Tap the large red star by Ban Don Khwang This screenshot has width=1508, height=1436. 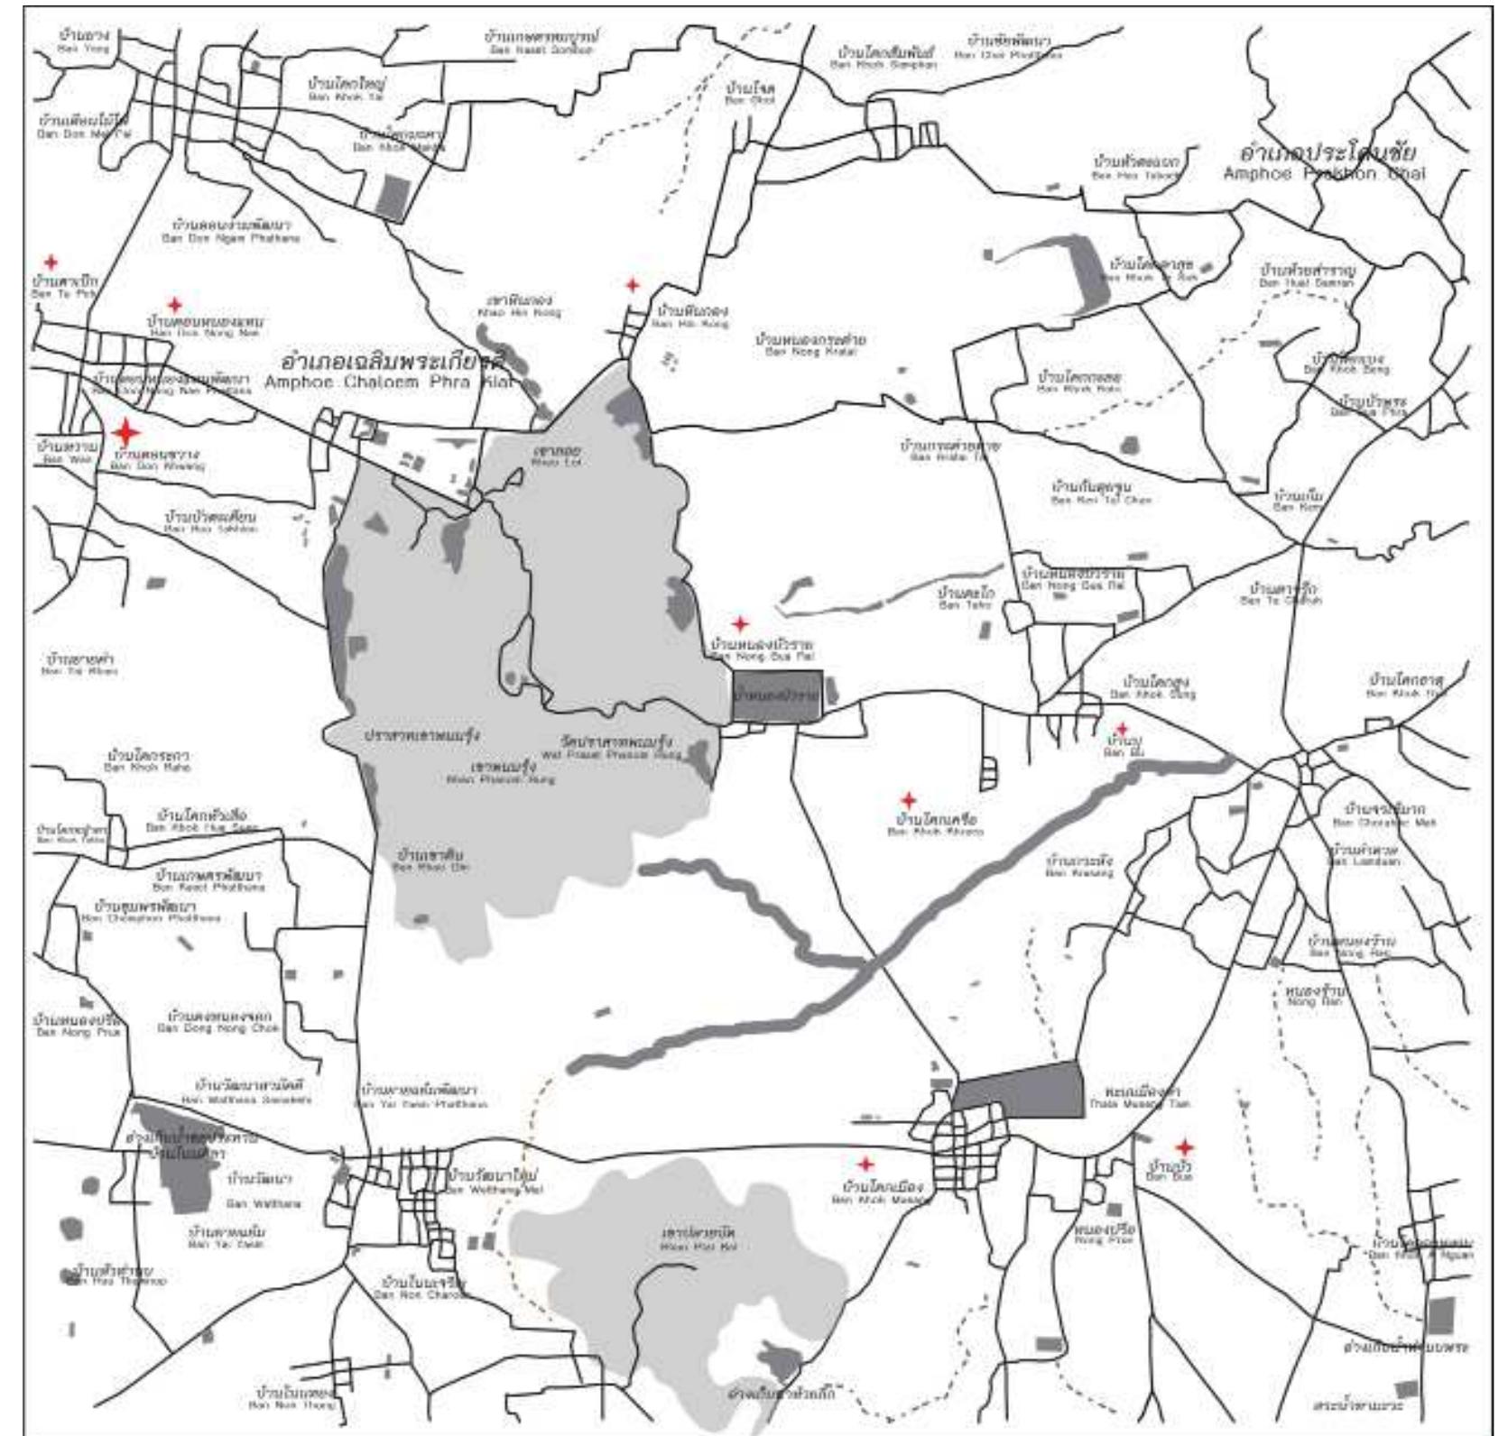pos(125,432)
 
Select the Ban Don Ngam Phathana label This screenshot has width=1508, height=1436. pos(231,231)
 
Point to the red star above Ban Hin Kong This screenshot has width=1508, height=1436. pos(633,285)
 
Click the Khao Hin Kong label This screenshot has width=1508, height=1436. pos(519,306)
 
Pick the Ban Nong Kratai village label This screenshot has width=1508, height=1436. pos(811,345)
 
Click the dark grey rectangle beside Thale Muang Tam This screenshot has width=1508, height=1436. pos(1019,1089)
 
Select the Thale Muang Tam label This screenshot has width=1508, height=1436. pos(1139,1097)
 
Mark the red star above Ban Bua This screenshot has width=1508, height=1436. pos(1183,1147)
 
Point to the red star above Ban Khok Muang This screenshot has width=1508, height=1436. pos(865,1164)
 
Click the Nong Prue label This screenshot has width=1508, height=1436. pos(1104,1233)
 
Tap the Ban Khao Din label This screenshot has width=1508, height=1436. pos(430,860)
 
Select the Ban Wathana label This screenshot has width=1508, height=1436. pos(263,1190)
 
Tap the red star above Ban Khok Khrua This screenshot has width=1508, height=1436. pos(909,800)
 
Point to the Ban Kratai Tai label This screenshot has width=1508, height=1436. pos(949,450)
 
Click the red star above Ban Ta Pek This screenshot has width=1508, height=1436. pos(51,262)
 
